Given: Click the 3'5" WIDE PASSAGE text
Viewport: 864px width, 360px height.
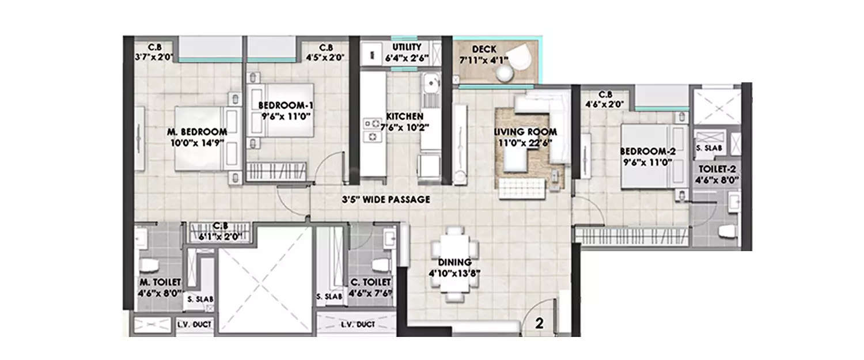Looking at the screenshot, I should click(385, 200).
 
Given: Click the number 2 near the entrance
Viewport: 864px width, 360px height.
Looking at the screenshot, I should click(539, 324).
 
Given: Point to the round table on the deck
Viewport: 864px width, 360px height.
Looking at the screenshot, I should click(505, 73).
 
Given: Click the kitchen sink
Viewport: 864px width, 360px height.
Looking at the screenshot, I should click(429, 86).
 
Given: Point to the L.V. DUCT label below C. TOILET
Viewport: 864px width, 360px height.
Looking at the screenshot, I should click(358, 325).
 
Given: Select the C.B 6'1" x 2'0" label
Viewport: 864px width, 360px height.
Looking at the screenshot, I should click(218, 230).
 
